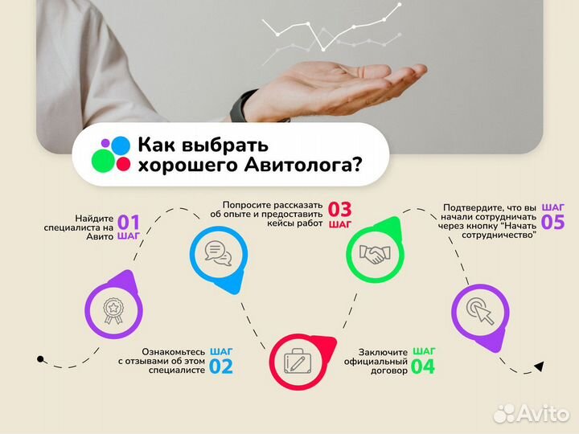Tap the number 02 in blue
coord(220,367)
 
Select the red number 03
coord(339,211)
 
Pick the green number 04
coord(423,367)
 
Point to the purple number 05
coord(553,221)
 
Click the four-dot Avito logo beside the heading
coord(111,154)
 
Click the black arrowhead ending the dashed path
coord(540,366)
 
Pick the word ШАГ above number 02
coord(221,351)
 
